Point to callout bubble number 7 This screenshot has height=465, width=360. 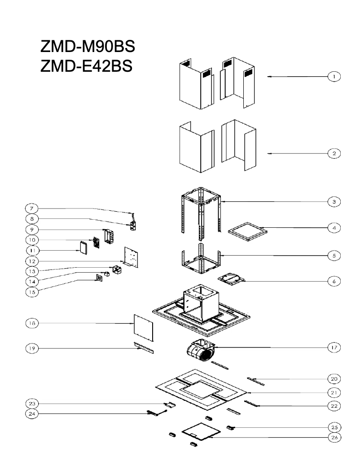click(x=32, y=209)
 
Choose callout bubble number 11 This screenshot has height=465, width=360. click(x=32, y=250)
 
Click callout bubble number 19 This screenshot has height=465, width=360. click(x=32, y=348)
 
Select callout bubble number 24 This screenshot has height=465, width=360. click(x=32, y=414)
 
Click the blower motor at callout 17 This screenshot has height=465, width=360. click(x=201, y=351)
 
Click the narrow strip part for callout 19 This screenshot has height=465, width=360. click(x=143, y=348)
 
